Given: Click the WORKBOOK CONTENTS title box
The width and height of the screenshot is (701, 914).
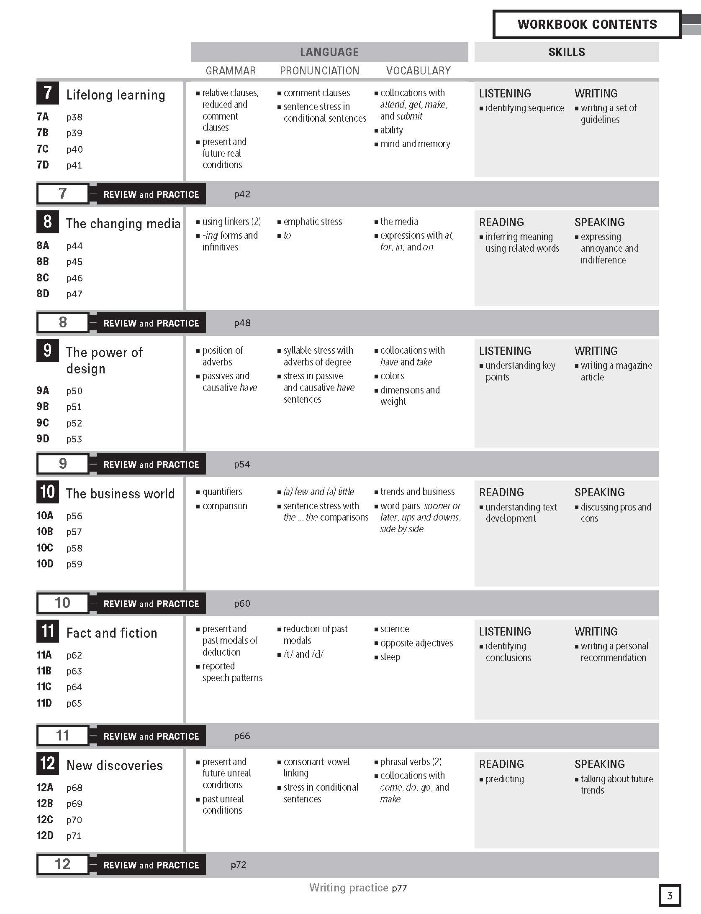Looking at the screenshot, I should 587,24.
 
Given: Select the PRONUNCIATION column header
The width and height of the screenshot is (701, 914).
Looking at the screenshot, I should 319,71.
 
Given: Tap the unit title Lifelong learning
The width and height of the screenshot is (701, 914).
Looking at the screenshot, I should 116,95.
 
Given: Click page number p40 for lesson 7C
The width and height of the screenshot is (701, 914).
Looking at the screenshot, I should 74,149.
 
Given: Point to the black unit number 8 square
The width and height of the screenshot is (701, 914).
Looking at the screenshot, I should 48,222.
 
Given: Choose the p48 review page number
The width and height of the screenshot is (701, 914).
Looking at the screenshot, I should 242,323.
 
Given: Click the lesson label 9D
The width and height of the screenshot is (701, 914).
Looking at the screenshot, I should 43,439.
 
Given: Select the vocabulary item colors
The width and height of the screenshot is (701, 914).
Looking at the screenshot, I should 392,376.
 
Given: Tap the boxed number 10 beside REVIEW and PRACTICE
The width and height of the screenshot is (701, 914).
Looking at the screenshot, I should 63,603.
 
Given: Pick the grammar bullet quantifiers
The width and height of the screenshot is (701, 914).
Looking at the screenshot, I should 222,492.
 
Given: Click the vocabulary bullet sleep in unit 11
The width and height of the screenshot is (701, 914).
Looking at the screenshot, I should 390,657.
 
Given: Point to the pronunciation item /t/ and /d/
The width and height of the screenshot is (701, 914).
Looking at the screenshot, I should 303,654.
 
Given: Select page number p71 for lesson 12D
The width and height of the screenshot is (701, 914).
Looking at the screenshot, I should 74,836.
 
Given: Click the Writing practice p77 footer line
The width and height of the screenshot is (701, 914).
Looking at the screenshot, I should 358,888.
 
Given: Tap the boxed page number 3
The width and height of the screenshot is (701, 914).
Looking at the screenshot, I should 670,895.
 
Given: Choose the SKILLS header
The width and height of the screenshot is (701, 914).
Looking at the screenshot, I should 566,52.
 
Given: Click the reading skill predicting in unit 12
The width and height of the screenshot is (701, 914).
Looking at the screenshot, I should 504,779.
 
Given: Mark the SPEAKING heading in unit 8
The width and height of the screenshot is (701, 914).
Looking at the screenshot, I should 599,222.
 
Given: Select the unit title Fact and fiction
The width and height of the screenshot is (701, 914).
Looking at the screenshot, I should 112,633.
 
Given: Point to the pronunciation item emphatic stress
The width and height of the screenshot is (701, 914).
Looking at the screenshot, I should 313,222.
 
